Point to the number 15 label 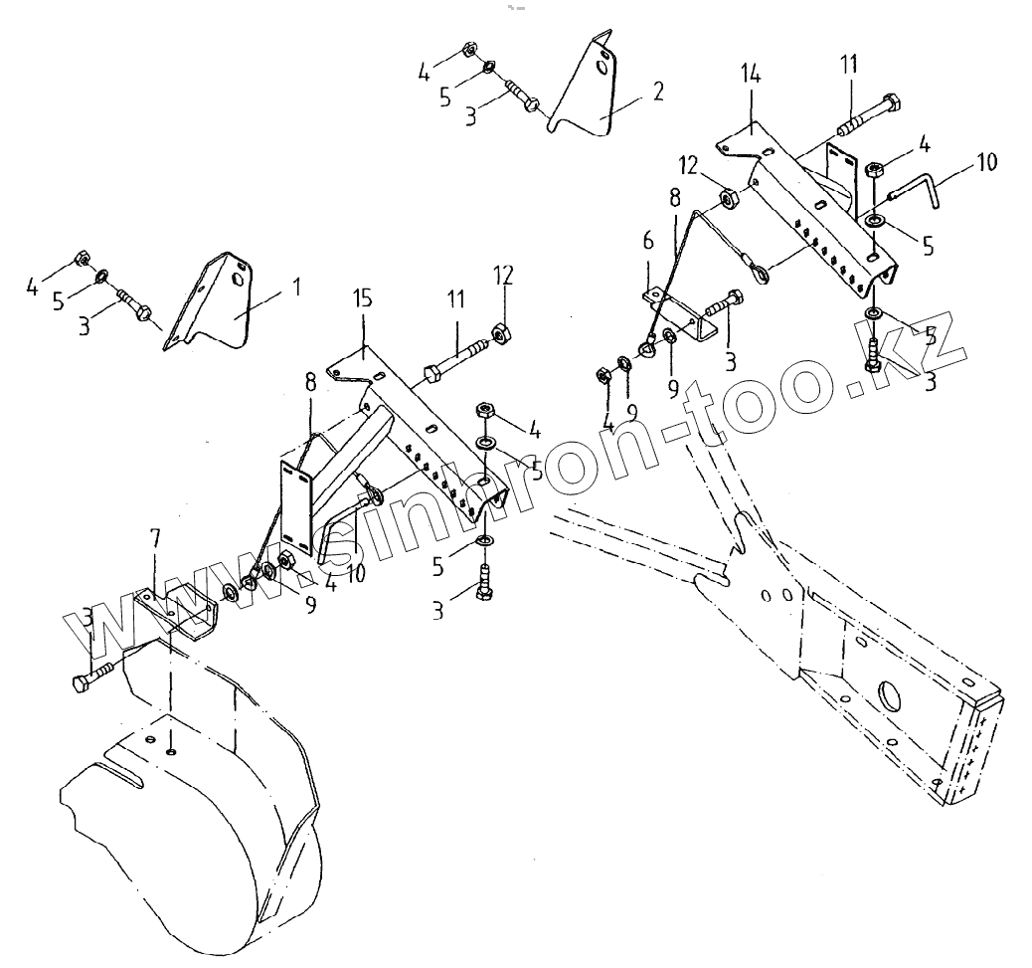click(x=362, y=298)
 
